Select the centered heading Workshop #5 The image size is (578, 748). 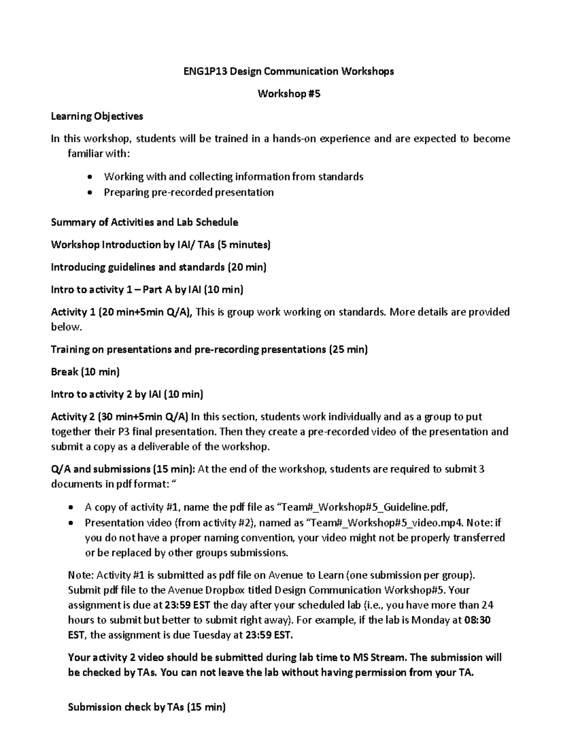(289, 94)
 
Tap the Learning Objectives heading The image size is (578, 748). (97, 116)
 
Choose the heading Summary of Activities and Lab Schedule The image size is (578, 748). (144, 222)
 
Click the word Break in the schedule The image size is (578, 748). (65, 372)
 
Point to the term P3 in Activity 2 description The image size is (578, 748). (124, 432)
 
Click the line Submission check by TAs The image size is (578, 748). (147, 707)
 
